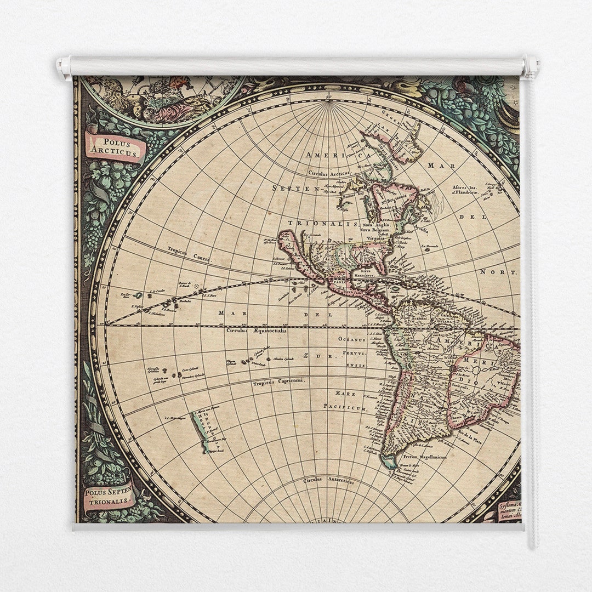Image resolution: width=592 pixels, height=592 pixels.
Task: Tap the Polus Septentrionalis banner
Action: (x=109, y=496)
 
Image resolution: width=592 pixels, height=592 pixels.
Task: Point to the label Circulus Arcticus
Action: (x=329, y=173)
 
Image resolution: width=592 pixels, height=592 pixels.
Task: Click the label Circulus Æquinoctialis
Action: (x=257, y=331)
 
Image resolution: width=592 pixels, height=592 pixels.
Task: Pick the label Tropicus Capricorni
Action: (x=278, y=382)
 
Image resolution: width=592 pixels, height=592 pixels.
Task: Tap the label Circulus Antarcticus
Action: (x=328, y=481)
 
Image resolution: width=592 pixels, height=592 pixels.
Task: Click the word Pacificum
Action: (x=345, y=407)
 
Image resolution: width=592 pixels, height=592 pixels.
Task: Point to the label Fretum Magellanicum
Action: (x=425, y=456)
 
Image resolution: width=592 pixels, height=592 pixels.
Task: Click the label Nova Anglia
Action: (x=375, y=224)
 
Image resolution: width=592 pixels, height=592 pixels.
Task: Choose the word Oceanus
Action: (x=351, y=338)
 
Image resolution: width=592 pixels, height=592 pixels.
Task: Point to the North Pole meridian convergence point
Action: (x=329, y=100)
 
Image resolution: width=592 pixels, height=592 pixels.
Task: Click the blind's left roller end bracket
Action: (x=64, y=68)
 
